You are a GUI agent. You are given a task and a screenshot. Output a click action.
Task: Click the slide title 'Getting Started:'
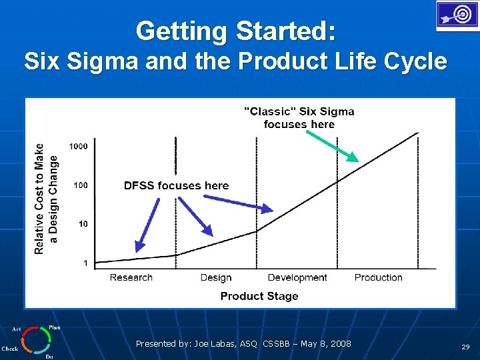236,31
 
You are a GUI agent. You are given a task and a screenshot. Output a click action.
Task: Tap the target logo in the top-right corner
457,15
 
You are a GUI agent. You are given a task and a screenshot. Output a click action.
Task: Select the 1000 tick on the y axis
78,146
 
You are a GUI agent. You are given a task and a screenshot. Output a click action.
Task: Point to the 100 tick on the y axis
80,185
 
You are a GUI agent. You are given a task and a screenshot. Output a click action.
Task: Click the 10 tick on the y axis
83,224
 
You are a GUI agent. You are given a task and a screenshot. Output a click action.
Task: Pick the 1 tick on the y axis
85,263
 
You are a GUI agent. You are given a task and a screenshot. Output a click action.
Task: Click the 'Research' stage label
131,277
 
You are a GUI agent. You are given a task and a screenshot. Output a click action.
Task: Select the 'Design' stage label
216,277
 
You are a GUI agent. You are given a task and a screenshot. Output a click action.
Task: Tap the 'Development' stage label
297,277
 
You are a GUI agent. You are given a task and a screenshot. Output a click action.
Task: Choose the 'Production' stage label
378,277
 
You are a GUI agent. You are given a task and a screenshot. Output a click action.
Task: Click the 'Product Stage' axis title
259,296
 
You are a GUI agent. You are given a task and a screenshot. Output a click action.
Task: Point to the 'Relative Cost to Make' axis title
39,199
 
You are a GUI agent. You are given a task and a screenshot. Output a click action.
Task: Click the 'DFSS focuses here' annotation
176,185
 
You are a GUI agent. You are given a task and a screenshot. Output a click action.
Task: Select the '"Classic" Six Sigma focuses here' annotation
299,117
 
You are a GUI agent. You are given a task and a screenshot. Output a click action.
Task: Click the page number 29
465,347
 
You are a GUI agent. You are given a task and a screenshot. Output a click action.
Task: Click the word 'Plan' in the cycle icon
54,327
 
